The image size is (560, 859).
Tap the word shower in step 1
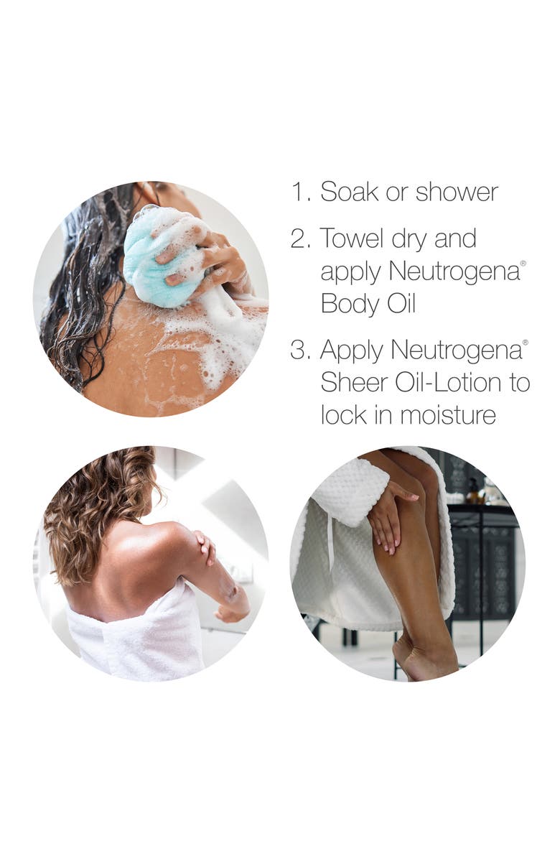click(457, 192)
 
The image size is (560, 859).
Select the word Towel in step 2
click(352, 238)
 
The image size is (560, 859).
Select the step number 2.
click(301, 239)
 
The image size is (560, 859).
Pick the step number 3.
click(301, 350)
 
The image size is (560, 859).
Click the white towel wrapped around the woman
click(137, 636)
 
